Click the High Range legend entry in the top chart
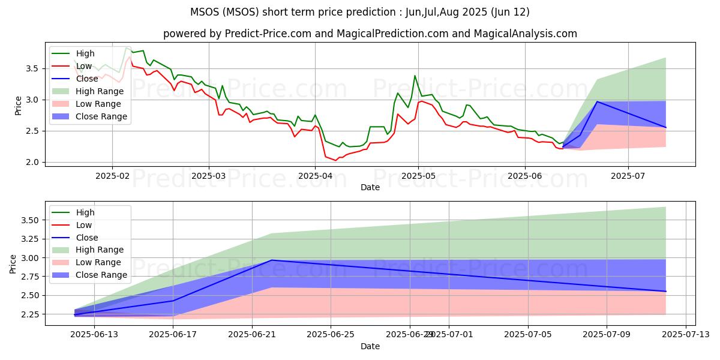99,91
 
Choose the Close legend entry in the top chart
88,79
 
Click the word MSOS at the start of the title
203,12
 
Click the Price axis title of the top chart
18,104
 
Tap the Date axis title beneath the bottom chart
370,346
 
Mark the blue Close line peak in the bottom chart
271,260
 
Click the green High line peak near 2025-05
415,76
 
